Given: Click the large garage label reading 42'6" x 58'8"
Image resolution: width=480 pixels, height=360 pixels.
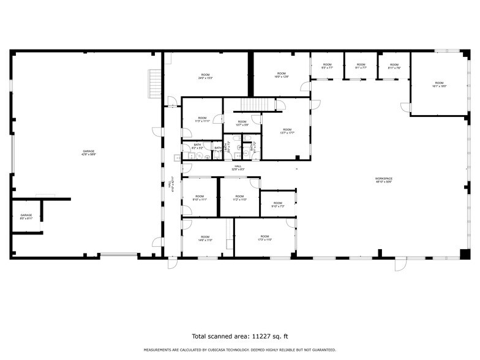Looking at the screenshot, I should point(89,152).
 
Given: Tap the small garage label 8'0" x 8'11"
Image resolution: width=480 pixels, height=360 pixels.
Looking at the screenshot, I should point(26,216).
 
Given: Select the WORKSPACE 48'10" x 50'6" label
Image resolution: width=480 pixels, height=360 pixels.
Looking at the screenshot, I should point(384,180).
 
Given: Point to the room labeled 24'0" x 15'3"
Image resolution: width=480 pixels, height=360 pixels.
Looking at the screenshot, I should point(205,77).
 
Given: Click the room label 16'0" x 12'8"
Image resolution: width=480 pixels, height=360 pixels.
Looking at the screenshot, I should point(281,75).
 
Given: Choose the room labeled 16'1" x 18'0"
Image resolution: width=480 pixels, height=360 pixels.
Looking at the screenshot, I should point(439,84).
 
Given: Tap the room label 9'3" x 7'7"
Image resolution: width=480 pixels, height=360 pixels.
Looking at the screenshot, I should point(327,66).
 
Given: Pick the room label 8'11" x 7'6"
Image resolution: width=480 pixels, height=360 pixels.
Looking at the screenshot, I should point(394,66).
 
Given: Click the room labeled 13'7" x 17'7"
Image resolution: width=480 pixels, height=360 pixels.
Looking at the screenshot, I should point(287,131).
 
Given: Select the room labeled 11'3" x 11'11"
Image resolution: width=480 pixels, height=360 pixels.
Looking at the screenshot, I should point(202,119).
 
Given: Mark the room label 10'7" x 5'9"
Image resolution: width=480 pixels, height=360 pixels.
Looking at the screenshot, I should point(242,123).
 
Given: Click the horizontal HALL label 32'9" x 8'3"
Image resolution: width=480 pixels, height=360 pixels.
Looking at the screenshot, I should point(238,167).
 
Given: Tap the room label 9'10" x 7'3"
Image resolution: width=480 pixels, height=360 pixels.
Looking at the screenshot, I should point(277,204).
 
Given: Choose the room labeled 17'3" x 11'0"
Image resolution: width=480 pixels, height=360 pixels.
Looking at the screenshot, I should point(264,238).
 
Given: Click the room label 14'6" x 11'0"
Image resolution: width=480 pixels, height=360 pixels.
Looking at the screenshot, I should point(204,238).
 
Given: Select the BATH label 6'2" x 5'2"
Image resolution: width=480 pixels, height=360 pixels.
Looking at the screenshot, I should point(197,146).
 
